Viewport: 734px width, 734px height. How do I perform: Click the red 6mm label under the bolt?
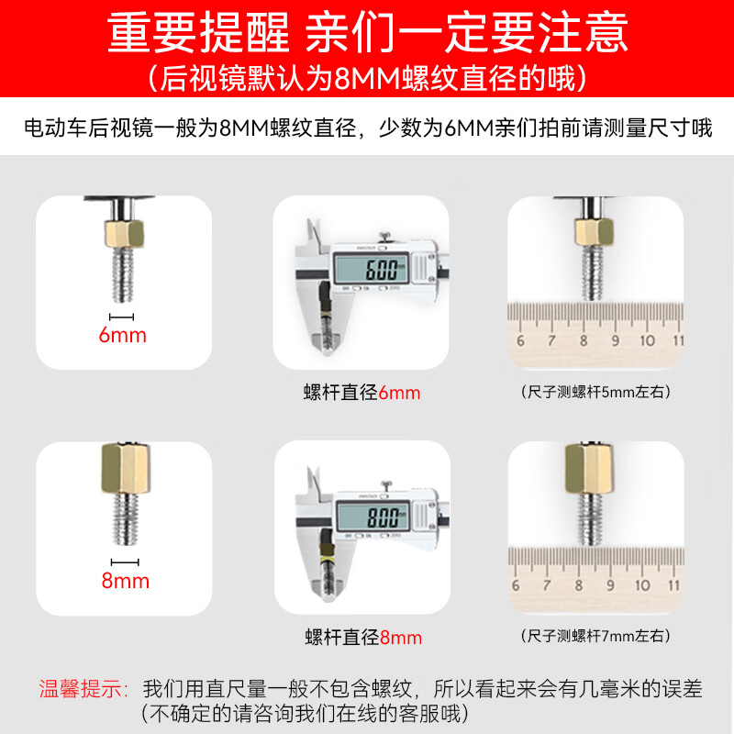(x=123, y=335)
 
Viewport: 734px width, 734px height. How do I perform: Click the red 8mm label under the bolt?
(x=126, y=581)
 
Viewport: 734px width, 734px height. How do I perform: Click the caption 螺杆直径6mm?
(x=361, y=393)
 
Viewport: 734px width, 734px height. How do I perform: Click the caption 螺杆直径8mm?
(x=363, y=637)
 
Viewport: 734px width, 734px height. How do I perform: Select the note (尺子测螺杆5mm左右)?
(x=595, y=392)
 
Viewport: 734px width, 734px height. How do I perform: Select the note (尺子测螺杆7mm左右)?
(x=595, y=636)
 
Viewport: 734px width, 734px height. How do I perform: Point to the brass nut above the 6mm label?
(x=124, y=234)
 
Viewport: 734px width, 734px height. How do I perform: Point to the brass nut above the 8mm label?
(x=126, y=469)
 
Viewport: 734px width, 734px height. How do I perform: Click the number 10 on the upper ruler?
(x=648, y=340)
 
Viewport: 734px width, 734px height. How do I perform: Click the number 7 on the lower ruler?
(x=546, y=585)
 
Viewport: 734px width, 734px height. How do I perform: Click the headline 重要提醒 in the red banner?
(x=198, y=33)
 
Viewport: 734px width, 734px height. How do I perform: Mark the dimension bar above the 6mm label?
(x=122, y=317)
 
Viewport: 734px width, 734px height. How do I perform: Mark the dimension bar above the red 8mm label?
(x=125, y=562)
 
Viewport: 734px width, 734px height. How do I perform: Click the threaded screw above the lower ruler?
(x=591, y=519)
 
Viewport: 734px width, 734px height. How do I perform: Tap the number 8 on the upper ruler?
(x=584, y=340)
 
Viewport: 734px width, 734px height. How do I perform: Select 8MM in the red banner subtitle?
(x=366, y=78)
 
